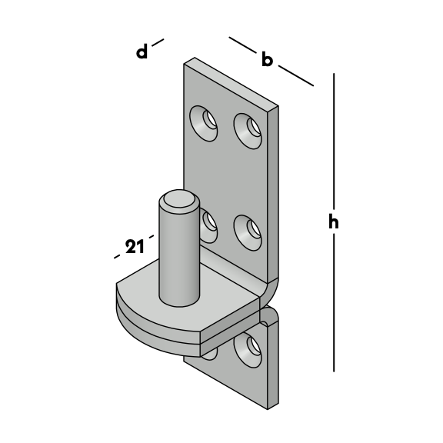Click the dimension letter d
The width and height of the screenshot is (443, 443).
click(x=142, y=52)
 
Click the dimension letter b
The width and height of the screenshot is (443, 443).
click(x=267, y=58)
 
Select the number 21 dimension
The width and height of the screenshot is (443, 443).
click(x=135, y=246)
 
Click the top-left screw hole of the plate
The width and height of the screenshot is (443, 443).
click(x=203, y=124)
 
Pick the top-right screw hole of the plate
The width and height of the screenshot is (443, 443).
click(x=248, y=131)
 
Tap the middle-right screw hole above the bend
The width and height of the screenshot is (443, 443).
click(x=248, y=233)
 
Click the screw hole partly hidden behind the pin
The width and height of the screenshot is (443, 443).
click(x=208, y=225)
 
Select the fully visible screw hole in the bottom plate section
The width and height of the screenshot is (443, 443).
click(x=248, y=350)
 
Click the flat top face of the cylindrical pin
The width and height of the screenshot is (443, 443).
click(x=179, y=199)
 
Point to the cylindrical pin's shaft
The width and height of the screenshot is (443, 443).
click(x=179, y=255)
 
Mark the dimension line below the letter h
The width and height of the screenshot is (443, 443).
click(x=334, y=302)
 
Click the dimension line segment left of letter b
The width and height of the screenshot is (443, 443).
click(x=243, y=45)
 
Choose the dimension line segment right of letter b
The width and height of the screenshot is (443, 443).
click(x=296, y=75)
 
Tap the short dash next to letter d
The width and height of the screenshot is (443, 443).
click(x=158, y=42)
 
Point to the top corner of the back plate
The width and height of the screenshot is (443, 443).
click(x=195, y=58)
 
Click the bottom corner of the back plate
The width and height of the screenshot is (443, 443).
click(x=268, y=409)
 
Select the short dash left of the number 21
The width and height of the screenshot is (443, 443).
click(x=117, y=256)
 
